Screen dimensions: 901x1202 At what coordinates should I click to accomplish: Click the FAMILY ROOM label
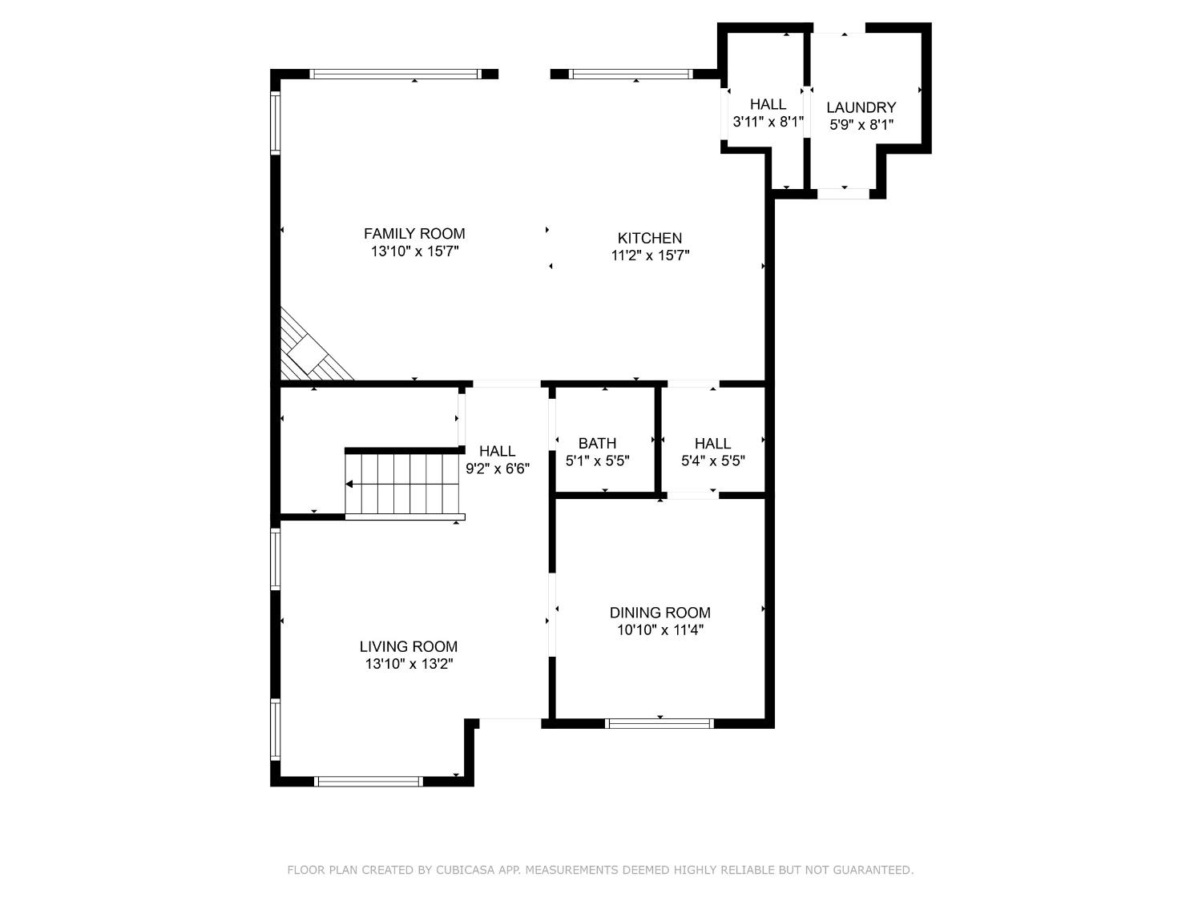pos(414,234)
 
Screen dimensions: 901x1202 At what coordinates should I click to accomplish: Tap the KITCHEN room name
pos(649,238)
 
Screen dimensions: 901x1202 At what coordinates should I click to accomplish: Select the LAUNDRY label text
pos(861,107)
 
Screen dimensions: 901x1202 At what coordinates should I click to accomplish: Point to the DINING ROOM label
pos(659,613)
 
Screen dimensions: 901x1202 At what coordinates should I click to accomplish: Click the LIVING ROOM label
pos(408,646)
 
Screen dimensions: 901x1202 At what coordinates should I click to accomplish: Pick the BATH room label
pos(597,444)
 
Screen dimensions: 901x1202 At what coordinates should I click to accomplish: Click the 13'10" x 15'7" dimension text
pos(414,251)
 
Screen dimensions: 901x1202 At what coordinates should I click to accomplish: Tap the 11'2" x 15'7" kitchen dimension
pos(649,255)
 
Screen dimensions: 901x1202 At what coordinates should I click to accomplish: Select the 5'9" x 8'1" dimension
pos(861,125)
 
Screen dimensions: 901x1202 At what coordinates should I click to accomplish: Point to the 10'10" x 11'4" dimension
pos(659,630)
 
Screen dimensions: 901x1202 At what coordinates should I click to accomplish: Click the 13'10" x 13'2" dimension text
pos(409,664)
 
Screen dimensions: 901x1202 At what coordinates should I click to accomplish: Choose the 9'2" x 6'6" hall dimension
pos(497,469)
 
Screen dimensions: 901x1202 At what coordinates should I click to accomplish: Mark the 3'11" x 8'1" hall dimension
pos(768,122)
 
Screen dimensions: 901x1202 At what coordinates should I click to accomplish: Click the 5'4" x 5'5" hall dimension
pos(712,461)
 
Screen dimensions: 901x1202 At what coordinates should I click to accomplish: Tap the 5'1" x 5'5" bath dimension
pos(597,461)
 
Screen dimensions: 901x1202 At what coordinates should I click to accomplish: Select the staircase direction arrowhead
pos(349,484)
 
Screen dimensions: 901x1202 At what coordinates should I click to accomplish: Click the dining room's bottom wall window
pos(659,723)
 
